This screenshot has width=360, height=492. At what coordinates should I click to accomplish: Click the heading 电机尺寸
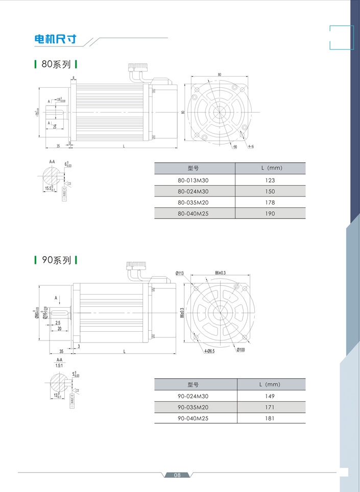pos(55,39)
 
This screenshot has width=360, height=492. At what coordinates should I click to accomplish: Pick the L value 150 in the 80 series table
pos(270,191)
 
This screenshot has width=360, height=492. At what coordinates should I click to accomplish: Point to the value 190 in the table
pos(270,213)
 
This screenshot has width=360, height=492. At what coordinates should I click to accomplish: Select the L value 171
pos(270,407)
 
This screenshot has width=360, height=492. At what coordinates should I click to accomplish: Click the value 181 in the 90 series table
pos(270,418)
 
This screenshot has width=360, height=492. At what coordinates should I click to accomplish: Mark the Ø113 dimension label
pos(180,274)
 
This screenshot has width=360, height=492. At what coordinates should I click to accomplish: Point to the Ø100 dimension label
pos(241,349)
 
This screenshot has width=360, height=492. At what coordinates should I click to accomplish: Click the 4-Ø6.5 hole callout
pos(210,351)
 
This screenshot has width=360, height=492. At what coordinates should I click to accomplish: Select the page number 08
pos(177,475)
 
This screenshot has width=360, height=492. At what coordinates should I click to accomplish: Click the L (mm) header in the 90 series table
pos(270,384)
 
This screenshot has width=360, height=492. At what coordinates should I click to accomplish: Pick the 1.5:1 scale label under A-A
pos(59,366)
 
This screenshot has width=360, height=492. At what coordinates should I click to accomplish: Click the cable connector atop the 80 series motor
pos(138,67)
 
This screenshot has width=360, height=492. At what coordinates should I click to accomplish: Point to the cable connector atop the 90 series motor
pos(136,265)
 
